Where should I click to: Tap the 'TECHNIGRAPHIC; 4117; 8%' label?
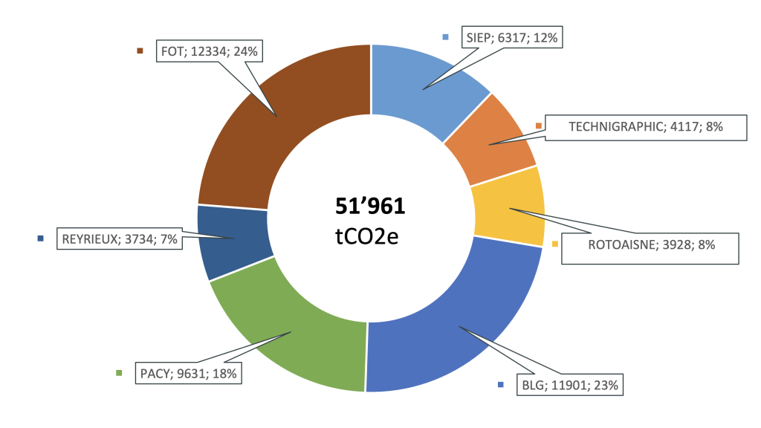point(645,127)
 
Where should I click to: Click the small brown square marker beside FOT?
point(139,51)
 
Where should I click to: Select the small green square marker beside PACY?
point(119,373)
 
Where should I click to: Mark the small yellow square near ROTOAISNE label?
point(554,243)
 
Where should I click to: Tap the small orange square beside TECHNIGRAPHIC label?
point(539,126)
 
